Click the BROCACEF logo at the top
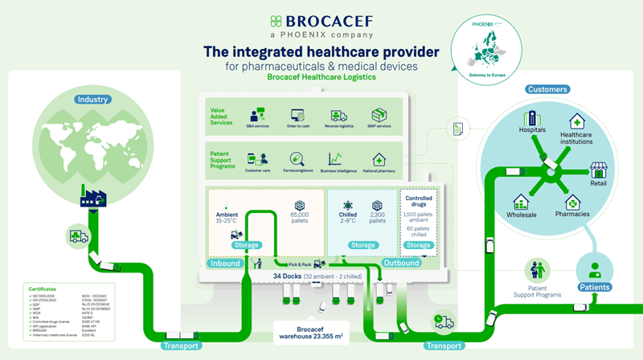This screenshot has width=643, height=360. click(321, 23)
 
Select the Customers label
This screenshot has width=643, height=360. click(547, 89)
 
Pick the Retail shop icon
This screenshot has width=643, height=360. click(598, 170)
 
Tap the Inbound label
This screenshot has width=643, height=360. click(225, 264)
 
